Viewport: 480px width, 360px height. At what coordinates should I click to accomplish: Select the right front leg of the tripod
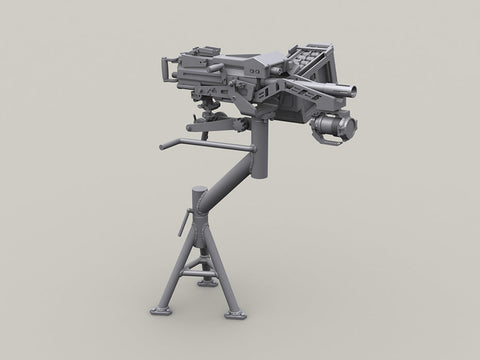click(227, 295)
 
